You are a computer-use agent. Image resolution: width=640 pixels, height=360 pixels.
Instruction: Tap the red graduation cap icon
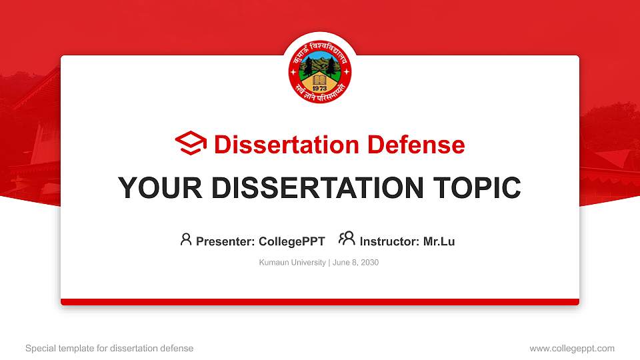(x=191, y=144)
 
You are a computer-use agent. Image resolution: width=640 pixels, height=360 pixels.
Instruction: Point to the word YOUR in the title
(x=153, y=188)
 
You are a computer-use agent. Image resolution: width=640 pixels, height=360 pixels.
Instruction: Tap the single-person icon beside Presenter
(x=186, y=239)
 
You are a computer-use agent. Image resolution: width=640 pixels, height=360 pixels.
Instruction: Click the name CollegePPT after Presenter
(x=291, y=241)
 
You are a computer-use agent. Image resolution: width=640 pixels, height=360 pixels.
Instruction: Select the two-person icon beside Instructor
(x=347, y=239)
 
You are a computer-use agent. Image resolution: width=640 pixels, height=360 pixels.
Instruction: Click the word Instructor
(x=389, y=241)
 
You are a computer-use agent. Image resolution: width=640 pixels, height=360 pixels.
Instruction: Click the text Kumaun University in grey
(x=291, y=263)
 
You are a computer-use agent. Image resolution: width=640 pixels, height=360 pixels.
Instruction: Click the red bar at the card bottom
(x=320, y=302)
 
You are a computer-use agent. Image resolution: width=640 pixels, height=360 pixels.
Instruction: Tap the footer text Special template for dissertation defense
(x=109, y=348)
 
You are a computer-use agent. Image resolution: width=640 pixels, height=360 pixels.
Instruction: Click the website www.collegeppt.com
(x=572, y=348)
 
